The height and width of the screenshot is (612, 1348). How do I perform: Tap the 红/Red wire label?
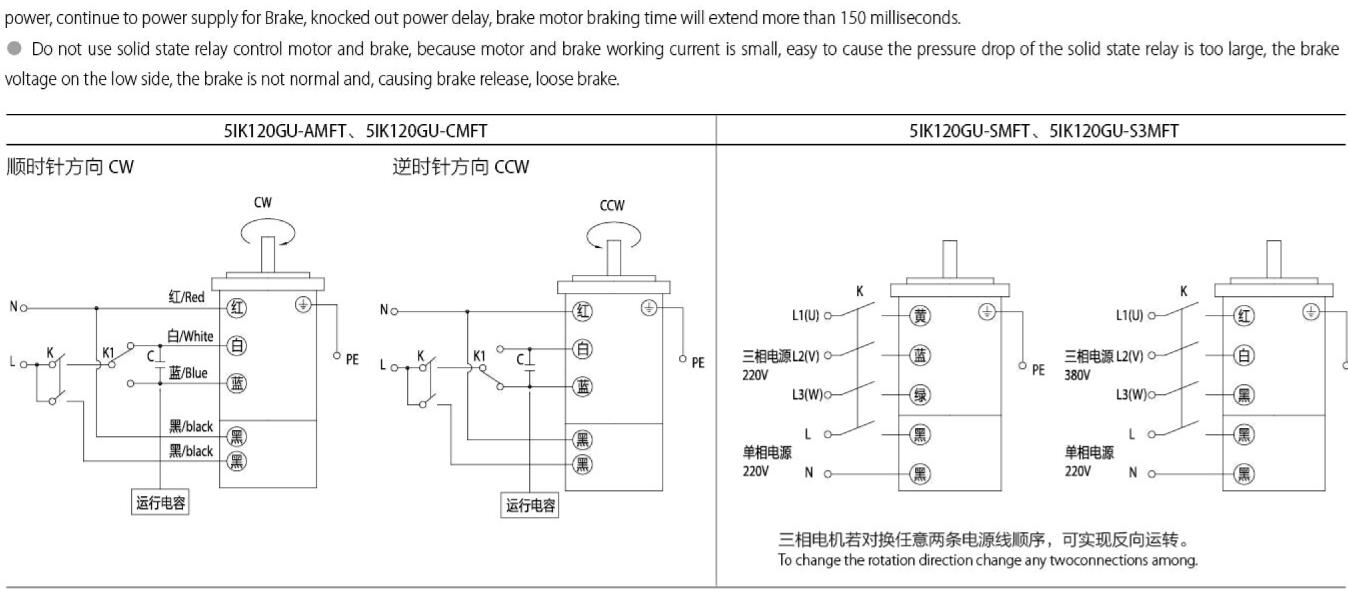(x=186, y=297)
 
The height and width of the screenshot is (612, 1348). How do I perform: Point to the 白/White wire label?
(x=190, y=337)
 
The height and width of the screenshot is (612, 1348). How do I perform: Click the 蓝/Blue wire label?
(x=188, y=373)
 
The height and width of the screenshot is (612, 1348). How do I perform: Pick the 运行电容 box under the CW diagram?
(x=160, y=502)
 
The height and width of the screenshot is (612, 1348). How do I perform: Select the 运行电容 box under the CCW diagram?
(x=530, y=506)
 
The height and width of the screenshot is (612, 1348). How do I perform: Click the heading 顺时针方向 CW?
(x=70, y=167)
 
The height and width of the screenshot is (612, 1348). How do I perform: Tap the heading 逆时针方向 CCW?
(x=461, y=167)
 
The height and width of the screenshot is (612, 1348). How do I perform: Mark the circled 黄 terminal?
(x=920, y=316)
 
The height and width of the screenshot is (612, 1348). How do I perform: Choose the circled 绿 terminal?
(x=920, y=395)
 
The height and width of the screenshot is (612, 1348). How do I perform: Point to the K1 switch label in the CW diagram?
(x=109, y=353)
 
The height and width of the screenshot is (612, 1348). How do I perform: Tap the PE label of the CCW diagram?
(x=697, y=362)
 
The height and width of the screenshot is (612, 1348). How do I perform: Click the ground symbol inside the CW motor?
(x=303, y=305)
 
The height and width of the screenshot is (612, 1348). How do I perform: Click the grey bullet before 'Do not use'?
(x=14, y=50)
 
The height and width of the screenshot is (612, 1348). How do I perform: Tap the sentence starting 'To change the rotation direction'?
(x=987, y=560)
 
